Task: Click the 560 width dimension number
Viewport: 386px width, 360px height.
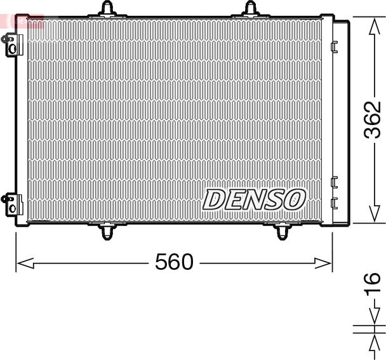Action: point(174,262)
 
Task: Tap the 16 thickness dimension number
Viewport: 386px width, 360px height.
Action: point(373,284)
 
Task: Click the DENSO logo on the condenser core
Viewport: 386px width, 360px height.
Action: point(254,199)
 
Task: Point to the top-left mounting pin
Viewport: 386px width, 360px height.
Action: point(107,10)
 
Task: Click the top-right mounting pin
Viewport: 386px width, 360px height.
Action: point(251,10)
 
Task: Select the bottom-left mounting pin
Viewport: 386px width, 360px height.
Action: point(107,231)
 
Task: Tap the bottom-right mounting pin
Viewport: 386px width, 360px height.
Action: point(282,231)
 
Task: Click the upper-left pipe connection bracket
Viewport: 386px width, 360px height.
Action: point(12,45)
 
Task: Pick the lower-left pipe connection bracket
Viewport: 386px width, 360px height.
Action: point(12,205)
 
